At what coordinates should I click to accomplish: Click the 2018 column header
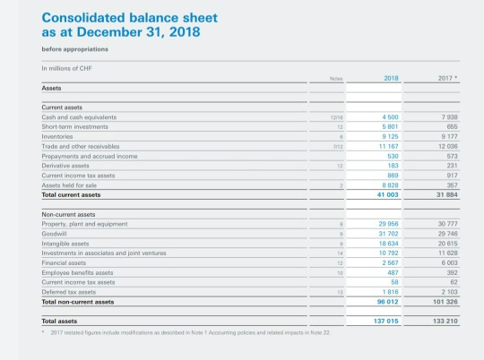[x=390, y=78]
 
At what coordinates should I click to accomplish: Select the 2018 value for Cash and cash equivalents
[x=391, y=116]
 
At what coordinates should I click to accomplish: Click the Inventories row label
[x=59, y=135]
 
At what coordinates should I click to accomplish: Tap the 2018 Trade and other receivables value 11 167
[x=389, y=144]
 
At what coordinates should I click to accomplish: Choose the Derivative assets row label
[x=66, y=164]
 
